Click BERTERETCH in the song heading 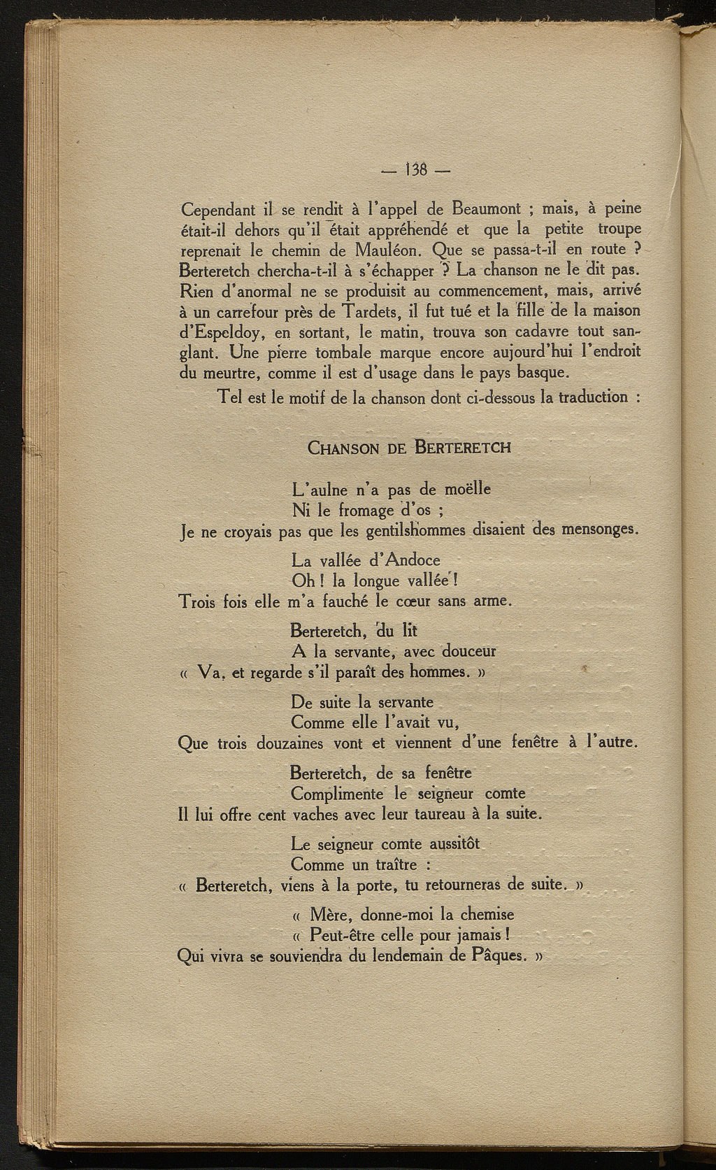click(462, 447)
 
